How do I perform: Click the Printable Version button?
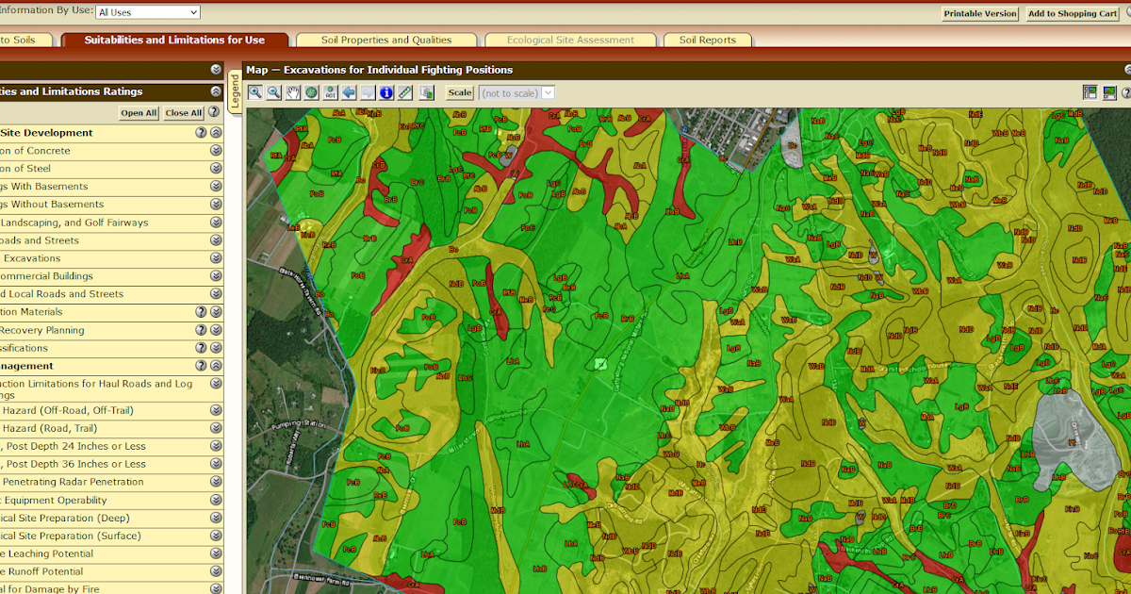pyautogui.click(x=980, y=13)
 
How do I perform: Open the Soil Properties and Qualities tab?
pyautogui.click(x=385, y=40)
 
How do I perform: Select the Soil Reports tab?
pyautogui.click(x=707, y=40)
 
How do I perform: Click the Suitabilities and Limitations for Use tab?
pyautogui.click(x=174, y=40)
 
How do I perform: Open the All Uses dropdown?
pyautogui.click(x=148, y=12)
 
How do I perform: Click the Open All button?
pyautogui.click(x=139, y=113)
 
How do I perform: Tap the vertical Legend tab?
pyautogui.click(x=235, y=91)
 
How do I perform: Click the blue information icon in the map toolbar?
pyautogui.click(x=386, y=92)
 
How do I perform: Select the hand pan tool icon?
pyautogui.click(x=293, y=92)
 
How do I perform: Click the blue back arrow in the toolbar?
pyautogui.click(x=349, y=92)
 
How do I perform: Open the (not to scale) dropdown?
pyautogui.click(x=516, y=93)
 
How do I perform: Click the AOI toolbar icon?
pyautogui.click(x=330, y=92)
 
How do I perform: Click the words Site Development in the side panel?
pyautogui.click(x=47, y=133)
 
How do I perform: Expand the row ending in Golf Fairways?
pyautogui.click(x=216, y=223)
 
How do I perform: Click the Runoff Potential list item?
pyautogui.click(x=41, y=571)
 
